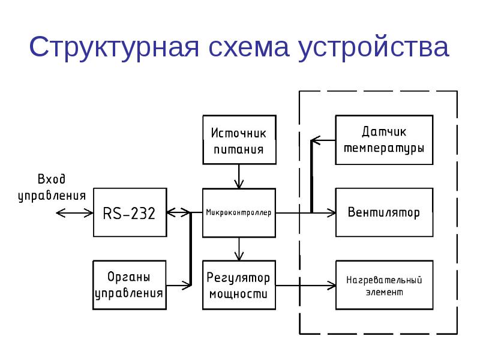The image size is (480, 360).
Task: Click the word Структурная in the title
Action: tap(113, 47)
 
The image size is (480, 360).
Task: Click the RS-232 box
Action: tap(130, 212)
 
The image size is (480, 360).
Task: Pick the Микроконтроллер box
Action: tap(239, 212)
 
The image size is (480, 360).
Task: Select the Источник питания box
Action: tap(239, 140)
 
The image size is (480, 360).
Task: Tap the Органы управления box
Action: tap(130, 285)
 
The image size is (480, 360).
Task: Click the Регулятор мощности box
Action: tap(239, 285)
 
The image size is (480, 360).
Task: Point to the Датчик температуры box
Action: tap(384, 140)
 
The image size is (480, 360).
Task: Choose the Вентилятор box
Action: tap(384, 212)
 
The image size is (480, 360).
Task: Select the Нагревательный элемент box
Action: tap(384, 285)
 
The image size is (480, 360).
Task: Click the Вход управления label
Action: tap(52, 187)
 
